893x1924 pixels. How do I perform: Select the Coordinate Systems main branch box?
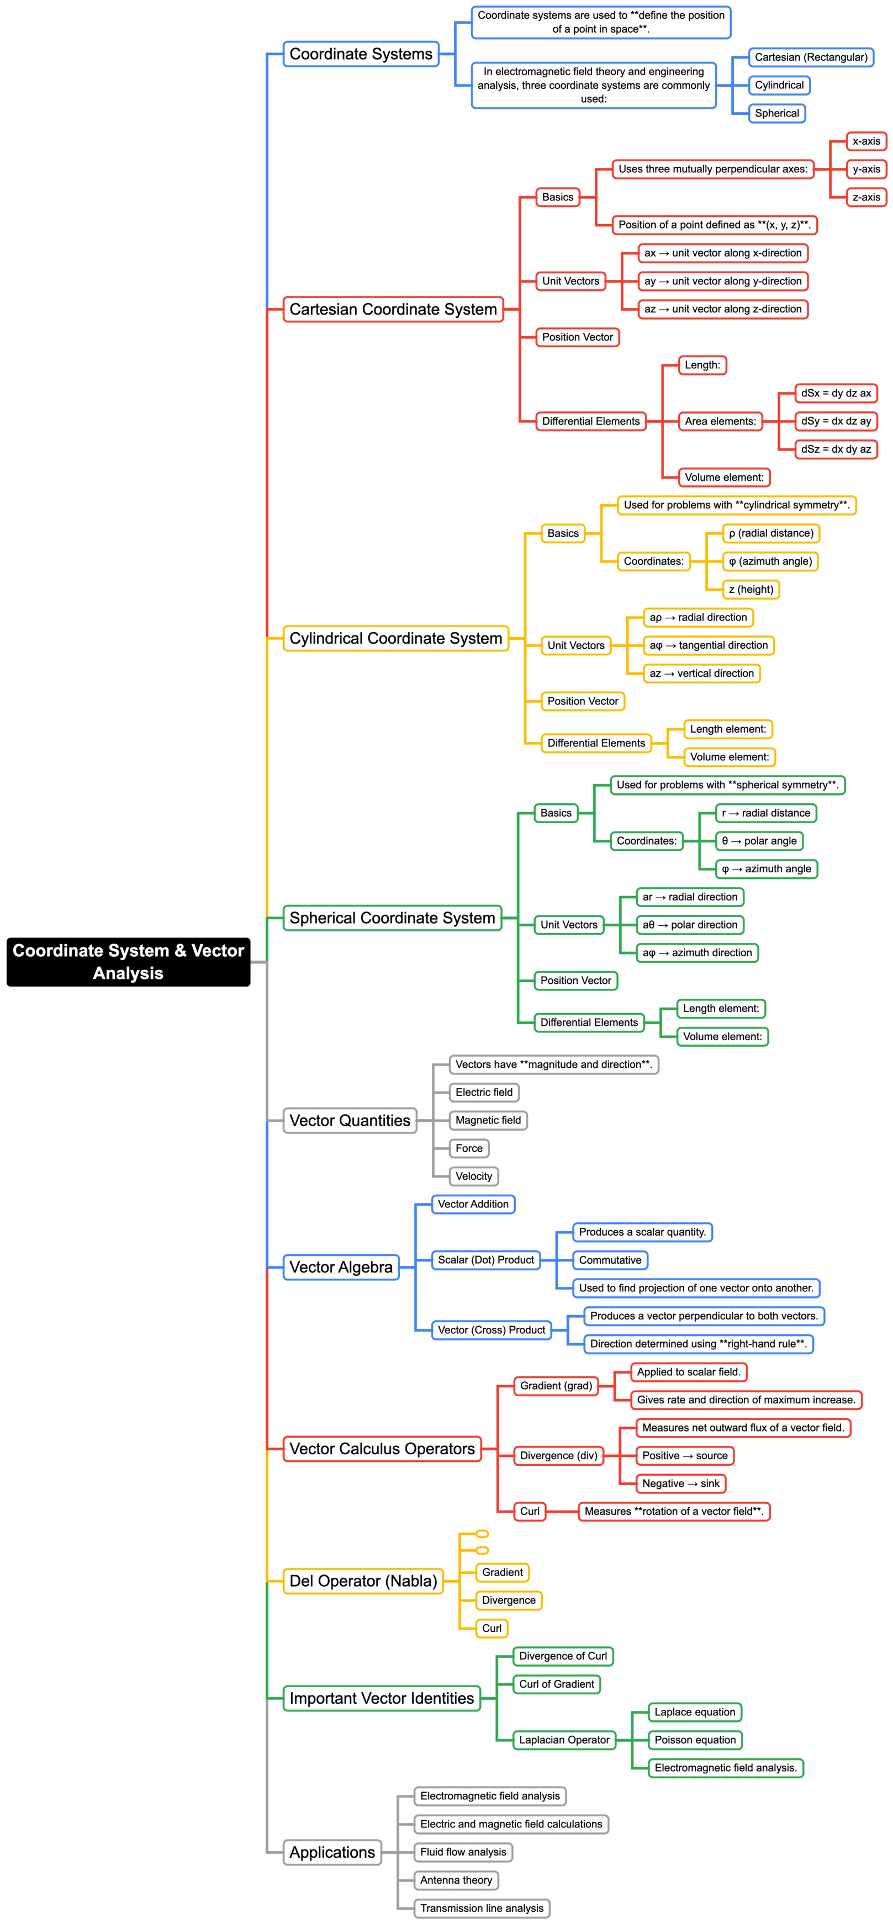361,54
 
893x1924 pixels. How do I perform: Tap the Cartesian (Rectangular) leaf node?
811,57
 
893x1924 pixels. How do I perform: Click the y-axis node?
865,169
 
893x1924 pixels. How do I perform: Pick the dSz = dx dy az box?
836,449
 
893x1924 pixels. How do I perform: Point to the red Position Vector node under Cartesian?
577,337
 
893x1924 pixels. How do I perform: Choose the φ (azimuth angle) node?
770,561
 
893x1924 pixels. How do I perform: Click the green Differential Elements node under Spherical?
589,1022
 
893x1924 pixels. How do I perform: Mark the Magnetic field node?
488,1120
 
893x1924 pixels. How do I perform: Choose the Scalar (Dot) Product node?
486,1260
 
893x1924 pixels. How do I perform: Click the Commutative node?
610,1260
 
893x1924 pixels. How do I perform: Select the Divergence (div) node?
558,1456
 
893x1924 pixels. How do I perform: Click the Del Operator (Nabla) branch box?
363,1581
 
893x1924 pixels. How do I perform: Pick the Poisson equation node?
694,1740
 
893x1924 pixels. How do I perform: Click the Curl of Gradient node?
556,1684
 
